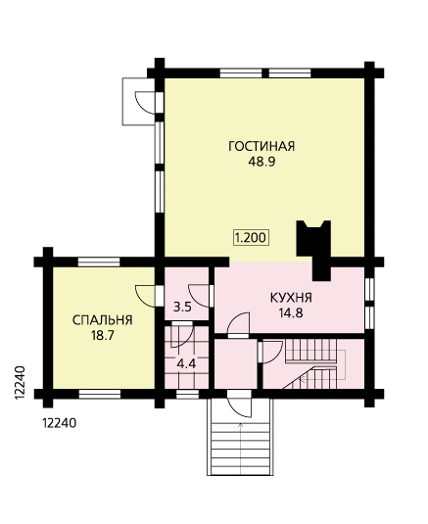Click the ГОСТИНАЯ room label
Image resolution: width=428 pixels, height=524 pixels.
tap(262, 146)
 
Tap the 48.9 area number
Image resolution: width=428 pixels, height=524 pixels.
tap(262, 162)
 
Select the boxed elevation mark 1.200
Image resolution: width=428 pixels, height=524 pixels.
tap(251, 238)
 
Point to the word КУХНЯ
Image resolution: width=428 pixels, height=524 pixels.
tap(291, 298)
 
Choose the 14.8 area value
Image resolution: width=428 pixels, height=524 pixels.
tap(291, 313)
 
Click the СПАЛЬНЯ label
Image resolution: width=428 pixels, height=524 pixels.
tap(103, 320)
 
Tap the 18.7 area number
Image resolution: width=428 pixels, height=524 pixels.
tap(103, 335)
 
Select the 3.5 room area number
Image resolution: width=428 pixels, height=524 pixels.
tap(182, 307)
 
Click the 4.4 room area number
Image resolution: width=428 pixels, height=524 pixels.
tap(186, 363)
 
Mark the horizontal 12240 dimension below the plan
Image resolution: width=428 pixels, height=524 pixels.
tap(60, 423)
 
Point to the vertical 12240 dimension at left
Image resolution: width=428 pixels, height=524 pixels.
tap(20, 383)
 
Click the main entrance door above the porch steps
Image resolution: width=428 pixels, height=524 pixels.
tap(239, 404)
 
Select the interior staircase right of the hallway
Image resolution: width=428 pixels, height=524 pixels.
tap(314, 364)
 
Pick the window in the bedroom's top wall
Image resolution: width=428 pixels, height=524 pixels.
tap(99, 262)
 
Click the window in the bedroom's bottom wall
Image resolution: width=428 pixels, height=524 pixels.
tap(100, 394)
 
